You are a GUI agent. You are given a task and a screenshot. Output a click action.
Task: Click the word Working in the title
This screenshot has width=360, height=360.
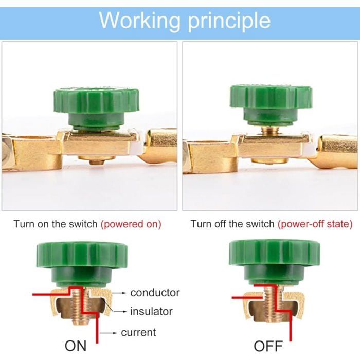(139, 22)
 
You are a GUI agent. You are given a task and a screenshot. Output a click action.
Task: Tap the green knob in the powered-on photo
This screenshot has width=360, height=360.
(97, 108)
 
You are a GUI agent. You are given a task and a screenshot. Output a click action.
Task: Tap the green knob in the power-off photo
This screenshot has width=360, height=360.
(271, 105)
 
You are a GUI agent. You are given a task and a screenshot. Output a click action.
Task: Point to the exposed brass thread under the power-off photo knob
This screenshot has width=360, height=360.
(271, 131)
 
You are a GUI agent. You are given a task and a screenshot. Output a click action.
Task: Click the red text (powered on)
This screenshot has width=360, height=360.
(131, 224)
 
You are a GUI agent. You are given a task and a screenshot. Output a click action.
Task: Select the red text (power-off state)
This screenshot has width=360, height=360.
(315, 224)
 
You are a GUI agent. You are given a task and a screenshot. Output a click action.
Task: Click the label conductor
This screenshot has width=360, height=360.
(155, 293)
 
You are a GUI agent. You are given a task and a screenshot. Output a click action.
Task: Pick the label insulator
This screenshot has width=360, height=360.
(151, 312)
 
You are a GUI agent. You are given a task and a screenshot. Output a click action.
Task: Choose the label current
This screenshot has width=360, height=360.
(138, 332)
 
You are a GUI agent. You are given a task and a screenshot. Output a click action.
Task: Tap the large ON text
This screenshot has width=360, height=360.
(76, 346)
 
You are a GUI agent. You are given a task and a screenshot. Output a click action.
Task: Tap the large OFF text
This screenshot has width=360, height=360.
(268, 346)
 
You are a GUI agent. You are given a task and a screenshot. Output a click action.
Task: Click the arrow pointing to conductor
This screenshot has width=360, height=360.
(119, 293)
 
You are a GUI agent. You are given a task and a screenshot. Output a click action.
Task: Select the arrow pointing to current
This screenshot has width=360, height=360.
(109, 333)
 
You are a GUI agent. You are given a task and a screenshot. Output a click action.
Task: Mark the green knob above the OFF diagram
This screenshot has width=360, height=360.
(274, 262)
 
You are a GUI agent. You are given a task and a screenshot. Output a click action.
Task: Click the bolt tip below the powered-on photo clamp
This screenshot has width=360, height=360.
(97, 162)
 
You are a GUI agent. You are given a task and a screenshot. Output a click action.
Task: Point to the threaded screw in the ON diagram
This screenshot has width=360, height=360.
(80, 307)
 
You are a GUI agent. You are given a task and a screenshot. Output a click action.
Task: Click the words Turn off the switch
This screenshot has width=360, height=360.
(232, 224)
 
